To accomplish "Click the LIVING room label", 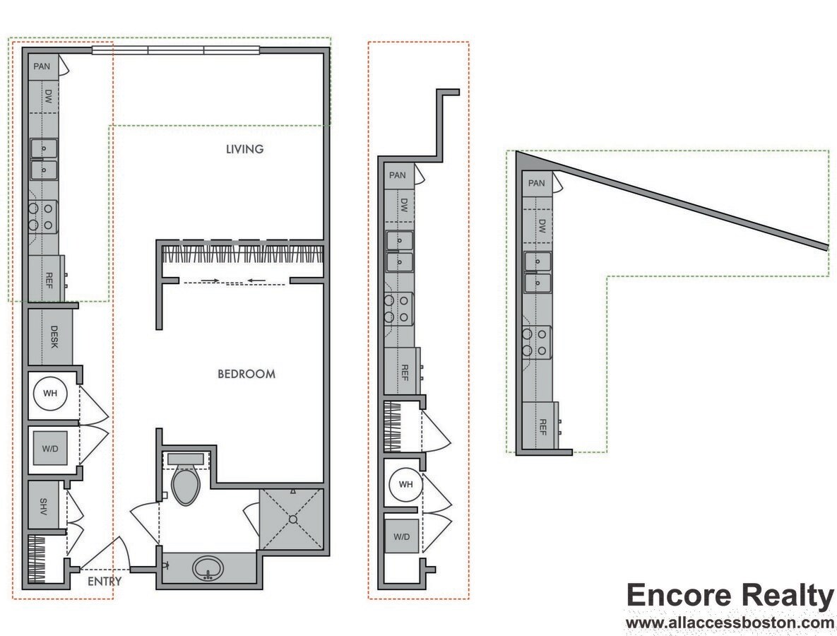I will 244,149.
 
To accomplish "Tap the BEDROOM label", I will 246,374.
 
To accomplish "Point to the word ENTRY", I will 105,582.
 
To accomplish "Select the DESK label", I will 54,336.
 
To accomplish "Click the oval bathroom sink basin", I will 208,567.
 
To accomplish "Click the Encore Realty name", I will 730,596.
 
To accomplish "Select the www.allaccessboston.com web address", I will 730,623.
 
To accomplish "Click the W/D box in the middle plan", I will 401,536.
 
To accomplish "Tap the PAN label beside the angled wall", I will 536,184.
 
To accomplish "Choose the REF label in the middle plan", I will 405,370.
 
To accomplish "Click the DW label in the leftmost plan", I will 49,97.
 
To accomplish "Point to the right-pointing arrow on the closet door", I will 210,281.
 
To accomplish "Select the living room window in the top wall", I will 177,50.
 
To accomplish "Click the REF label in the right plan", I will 542,426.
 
